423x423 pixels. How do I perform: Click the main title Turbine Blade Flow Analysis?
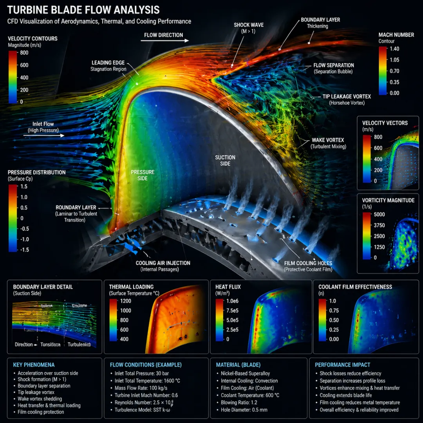click(x=83, y=9)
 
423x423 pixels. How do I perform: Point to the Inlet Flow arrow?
click(x=44, y=136)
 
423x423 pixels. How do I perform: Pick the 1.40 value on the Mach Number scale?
click(x=394, y=49)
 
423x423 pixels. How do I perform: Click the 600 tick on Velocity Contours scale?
click(x=24, y=65)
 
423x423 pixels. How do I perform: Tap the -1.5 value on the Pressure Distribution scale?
click(x=24, y=250)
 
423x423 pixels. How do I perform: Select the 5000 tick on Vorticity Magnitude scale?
click(x=379, y=214)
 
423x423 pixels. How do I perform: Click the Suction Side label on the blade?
click(x=225, y=160)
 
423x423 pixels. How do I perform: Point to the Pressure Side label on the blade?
click(x=143, y=175)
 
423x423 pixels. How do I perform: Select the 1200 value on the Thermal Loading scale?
click(x=126, y=301)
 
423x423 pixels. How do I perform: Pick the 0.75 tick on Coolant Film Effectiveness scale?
click(x=334, y=310)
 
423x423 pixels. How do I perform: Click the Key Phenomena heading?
click(x=34, y=365)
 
